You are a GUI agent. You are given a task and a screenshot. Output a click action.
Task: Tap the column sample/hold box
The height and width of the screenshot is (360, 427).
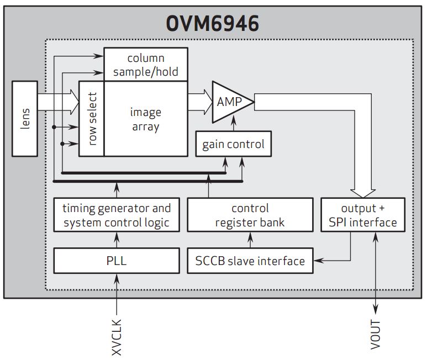click(x=146, y=65)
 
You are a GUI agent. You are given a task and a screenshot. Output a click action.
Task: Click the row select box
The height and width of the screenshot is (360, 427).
click(x=92, y=119)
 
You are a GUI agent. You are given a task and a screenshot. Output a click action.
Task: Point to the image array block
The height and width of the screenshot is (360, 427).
click(x=145, y=119)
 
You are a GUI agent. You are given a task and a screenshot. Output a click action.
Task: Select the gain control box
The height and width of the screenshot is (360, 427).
click(x=233, y=145)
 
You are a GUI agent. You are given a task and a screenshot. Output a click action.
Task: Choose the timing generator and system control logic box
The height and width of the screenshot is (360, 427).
click(x=117, y=216)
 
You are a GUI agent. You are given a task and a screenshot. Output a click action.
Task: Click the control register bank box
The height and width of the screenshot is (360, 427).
click(x=250, y=216)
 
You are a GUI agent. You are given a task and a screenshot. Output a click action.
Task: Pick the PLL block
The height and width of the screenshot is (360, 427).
click(x=117, y=260)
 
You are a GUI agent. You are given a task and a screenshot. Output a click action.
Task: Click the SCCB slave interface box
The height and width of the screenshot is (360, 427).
click(x=250, y=260)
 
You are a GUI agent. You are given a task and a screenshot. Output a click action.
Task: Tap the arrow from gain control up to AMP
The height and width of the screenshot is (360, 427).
click(x=233, y=126)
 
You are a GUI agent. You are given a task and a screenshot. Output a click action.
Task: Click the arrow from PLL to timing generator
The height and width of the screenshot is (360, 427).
click(x=117, y=240)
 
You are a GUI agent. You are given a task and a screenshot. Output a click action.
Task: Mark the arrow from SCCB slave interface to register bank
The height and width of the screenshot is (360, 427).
click(x=250, y=240)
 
